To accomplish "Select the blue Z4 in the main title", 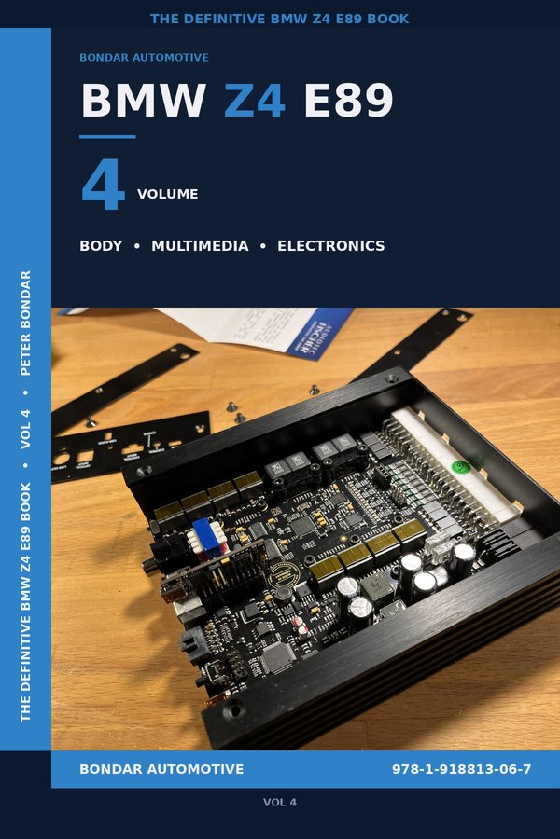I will click(x=254, y=101).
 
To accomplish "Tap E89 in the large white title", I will click(x=348, y=101).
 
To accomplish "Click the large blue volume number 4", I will click(x=103, y=186).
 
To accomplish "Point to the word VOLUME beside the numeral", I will click(x=168, y=195).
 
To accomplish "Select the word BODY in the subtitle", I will click(x=101, y=246).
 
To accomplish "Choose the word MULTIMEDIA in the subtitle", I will click(x=200, y=246).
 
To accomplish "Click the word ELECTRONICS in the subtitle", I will click(x=330, y=246).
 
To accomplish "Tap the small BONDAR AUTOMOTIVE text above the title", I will click(x=144, y=58).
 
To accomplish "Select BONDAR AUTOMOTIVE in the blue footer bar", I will click(x=161, y=770).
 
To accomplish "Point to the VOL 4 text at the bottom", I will click(x=280, y=802).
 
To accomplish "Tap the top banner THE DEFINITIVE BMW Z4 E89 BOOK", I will click(x=280, y=19).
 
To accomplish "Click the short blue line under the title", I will click(x=107, y=137).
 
